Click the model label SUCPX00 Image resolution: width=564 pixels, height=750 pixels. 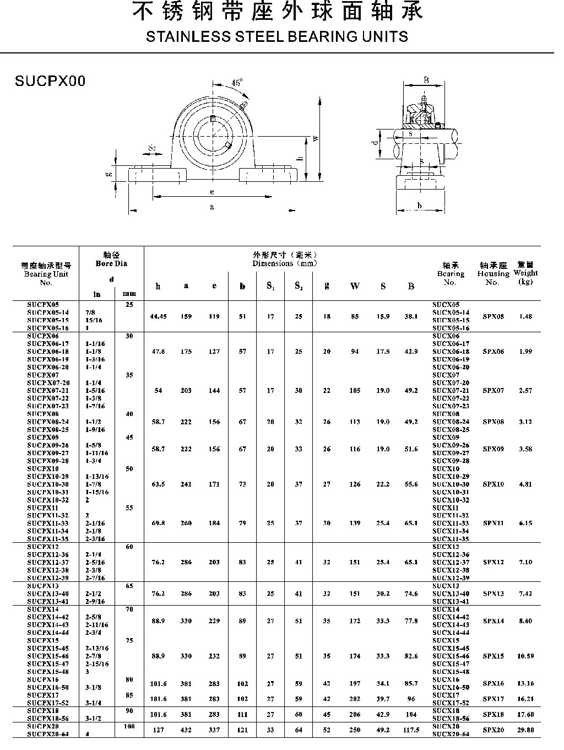coord(50,81)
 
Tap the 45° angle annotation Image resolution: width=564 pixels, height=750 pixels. coord(237,83)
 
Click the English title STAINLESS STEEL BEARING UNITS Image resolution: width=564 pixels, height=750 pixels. coord(277,37)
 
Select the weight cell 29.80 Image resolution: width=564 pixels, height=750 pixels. coord(525,730)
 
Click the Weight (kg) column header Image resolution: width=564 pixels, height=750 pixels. coord(525,273)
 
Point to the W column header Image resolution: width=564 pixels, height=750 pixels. coord(355,286)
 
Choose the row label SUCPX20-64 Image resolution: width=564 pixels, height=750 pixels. coord(48,734)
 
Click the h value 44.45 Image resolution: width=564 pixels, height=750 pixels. coord(158,316)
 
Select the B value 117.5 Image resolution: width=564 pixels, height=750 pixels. coord(411,730)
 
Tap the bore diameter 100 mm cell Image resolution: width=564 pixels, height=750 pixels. coord(129,726)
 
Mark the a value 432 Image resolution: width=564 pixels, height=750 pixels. coord(186,730)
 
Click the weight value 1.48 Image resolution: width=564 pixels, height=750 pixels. coord(525,316)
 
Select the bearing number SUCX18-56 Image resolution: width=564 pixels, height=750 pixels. coord(451,719)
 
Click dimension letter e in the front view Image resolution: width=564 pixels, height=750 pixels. coord(212,192)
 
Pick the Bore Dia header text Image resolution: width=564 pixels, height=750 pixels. coord(111,263)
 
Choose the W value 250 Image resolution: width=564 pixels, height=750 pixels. coord(355,730)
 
